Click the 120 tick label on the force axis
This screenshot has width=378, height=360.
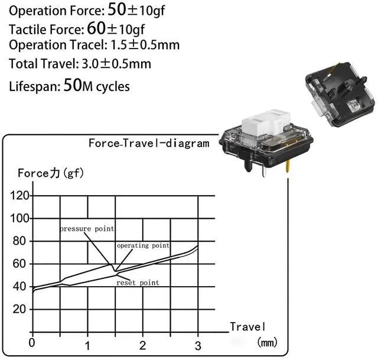coord(19,196)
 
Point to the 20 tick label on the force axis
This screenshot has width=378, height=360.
coord(19,309)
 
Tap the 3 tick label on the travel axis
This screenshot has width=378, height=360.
coord(198,346)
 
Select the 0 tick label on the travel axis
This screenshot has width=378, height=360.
coord(32,343)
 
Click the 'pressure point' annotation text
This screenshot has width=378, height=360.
coord(87,229)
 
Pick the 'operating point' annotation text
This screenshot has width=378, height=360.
coord(143,246)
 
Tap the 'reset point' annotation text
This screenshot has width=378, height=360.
coord(138,283)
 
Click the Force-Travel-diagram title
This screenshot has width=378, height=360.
coord(149,143)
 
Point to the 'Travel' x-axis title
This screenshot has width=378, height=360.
coord(247,327)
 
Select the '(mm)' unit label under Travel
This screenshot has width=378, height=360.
coord(268,342)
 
